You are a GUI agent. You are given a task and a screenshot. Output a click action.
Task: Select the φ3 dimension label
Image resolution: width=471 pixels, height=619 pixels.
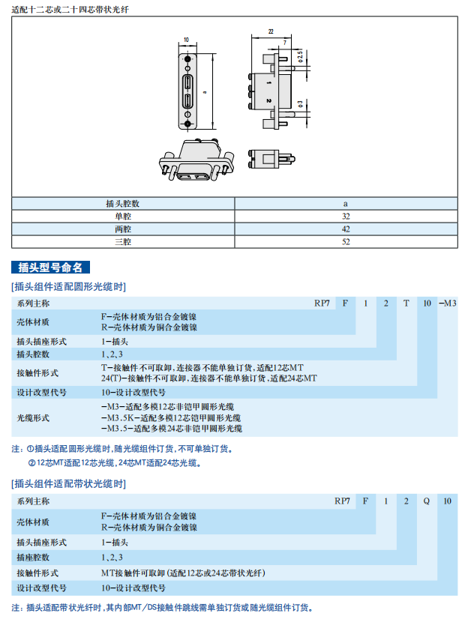click(x=299, y=103)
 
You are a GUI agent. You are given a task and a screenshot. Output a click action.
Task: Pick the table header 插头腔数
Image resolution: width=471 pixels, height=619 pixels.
click(x=123, y=203)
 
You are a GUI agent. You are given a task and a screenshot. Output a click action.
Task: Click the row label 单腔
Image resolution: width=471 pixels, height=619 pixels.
click(x=123, y=216)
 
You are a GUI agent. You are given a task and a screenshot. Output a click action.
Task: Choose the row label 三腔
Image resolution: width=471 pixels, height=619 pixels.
click(x=123, y=242)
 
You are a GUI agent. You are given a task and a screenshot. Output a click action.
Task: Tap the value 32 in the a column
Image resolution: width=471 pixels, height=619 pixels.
click(x=346, y=216)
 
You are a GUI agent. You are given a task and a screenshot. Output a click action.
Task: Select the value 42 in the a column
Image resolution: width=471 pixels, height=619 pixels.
click(x=346, y=229)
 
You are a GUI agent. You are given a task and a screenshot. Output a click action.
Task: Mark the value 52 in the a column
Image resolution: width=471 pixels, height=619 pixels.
click(x=346, y=242)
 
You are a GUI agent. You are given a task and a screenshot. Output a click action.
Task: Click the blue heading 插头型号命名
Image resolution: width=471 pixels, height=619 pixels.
click(x=52, y=268)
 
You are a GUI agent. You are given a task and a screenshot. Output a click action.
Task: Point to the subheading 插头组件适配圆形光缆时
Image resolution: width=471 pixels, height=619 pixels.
click(x=68, y=286)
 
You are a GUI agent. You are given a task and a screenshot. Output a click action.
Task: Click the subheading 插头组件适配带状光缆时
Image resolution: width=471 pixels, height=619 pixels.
click(x=68, y=483)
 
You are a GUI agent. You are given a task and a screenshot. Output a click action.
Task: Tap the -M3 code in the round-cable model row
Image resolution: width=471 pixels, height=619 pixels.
click(x=447, y=303)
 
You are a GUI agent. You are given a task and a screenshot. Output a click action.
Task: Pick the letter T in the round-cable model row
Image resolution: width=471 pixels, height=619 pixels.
click(x=406, y=303)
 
